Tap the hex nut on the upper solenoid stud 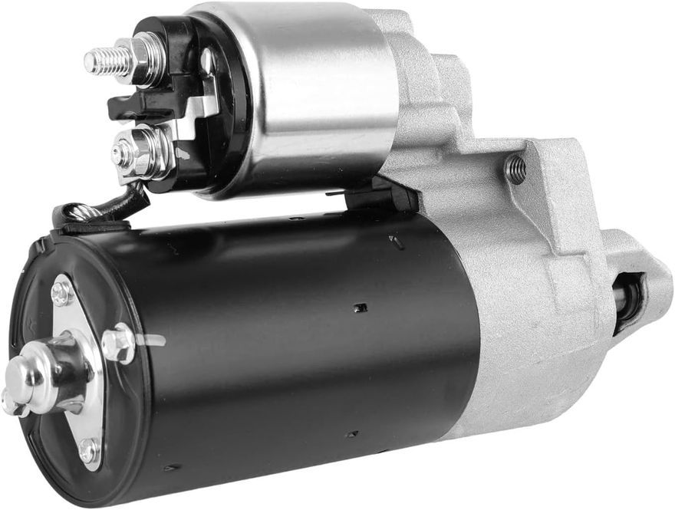point(146,58)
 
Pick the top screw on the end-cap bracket point(62,292)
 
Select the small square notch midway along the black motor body point(360,308)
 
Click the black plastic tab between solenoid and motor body point(380,196)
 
